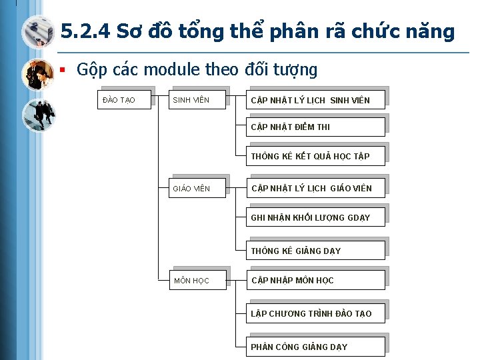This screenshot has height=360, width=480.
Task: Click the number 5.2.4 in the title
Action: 84,31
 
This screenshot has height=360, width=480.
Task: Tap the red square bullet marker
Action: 63,69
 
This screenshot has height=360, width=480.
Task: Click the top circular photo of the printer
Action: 38,31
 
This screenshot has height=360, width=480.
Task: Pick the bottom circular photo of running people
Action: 38,115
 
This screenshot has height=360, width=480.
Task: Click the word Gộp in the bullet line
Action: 91,70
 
